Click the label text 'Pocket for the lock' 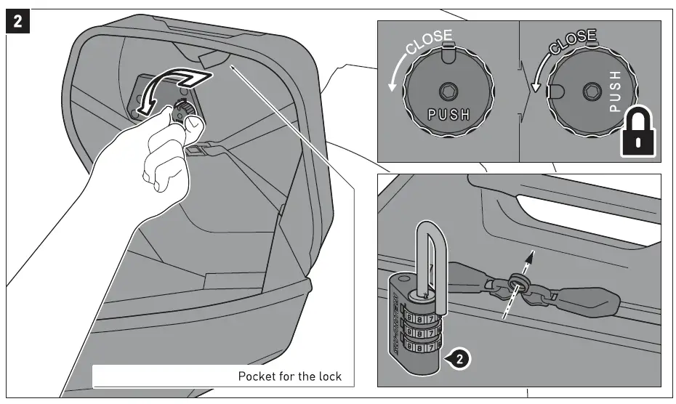tap(289, 376)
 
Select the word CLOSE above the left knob tap(428, 44)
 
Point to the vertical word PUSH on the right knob tap(614, 92)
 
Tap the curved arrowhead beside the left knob tap(393, 86)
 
